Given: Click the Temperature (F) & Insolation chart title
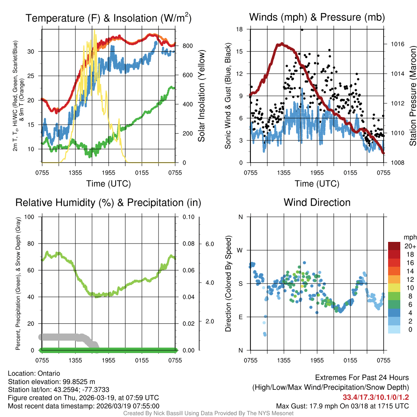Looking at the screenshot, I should click(108, 18).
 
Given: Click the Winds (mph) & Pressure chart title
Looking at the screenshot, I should click(317, 17).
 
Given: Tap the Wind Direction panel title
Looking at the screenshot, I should click(317, 202).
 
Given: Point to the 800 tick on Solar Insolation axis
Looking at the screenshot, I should click(185, 46).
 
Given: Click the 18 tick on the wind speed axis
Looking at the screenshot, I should click(240, 29).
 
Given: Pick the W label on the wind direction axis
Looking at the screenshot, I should click(240, 250).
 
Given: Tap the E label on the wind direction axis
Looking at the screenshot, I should click(240, 317).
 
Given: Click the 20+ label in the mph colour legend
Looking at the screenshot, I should click(409, 246).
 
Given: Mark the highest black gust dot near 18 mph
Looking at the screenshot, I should click(302, 30).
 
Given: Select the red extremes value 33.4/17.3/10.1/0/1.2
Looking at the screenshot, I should click(375, 397).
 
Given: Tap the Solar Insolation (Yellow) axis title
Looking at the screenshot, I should click(201, 96).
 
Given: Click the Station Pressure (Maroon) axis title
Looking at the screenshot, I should click(413, 96).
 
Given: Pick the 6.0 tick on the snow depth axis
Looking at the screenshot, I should click(209, 244).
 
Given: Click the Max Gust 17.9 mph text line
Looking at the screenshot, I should click(342, 406).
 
